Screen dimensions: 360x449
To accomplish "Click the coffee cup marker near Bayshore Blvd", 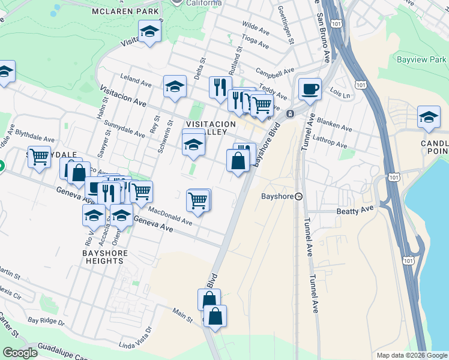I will click(310, 89).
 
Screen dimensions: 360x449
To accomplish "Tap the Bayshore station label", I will click(277, 196).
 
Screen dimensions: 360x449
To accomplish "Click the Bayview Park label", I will click(421, 60).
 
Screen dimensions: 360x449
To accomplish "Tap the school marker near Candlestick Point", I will click(429, 117).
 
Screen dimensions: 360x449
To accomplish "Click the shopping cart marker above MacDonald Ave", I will click(198, 199).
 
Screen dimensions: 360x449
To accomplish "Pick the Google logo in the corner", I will click(20, 353).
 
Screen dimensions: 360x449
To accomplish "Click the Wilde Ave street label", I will click(256, 28).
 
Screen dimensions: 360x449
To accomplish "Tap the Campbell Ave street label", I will click(269, 75).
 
